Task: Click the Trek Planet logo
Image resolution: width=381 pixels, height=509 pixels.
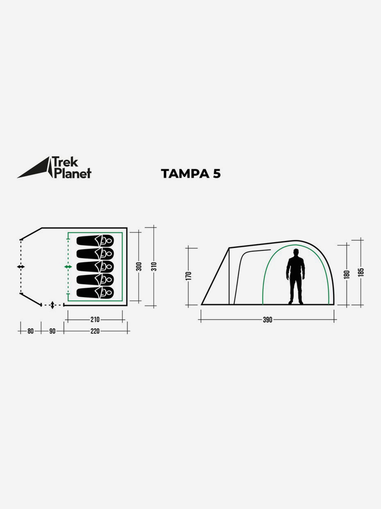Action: tap(54, 167)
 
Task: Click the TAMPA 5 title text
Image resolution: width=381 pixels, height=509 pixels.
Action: tap(191, 174)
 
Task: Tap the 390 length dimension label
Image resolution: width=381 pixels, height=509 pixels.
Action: tap(267, 320)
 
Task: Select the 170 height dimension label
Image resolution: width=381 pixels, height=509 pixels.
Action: tap(188, 276)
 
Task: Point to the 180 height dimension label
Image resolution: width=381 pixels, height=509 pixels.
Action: tap(347, 275)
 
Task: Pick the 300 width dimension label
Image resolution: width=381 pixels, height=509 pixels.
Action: tap(139, 266)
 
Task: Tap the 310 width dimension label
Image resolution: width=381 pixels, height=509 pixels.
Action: tap(154, 266)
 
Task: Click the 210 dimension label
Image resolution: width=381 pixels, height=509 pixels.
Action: tap(95, 319)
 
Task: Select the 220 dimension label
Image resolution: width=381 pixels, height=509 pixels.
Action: tap(95, 331)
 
